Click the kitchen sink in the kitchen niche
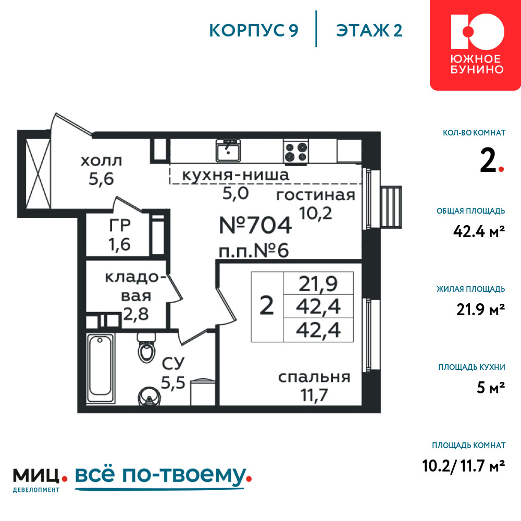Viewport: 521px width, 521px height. click(x=228, y=151)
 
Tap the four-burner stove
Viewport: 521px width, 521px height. click(x=296, y=151)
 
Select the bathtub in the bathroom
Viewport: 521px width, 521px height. click(x=101, y=368)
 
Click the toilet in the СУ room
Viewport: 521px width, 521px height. click(x=146, y=348)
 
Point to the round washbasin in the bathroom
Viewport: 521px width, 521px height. click(x=150, y=396)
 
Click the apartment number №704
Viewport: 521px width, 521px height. click(x=255, y=225)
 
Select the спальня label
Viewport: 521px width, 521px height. click(x=314, y=377)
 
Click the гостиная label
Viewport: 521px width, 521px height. click(x=316, y=195)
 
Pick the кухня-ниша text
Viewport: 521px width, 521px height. click(x=235, y=175)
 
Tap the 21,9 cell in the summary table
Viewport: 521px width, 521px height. click(x=318, y=283)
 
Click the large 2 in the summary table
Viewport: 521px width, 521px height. click(x=266, y=306)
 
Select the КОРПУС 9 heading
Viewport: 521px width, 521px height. click(x=254, y=31)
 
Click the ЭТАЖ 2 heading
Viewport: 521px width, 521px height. click(x=369, y=31)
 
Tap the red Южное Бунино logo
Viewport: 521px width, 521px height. click(x=476, y=45)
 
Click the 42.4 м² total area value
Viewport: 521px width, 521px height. click(x=479, y=231)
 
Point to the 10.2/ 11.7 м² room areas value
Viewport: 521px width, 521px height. click(x=464, y=466)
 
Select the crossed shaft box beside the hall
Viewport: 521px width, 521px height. click(x=38, y=174)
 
